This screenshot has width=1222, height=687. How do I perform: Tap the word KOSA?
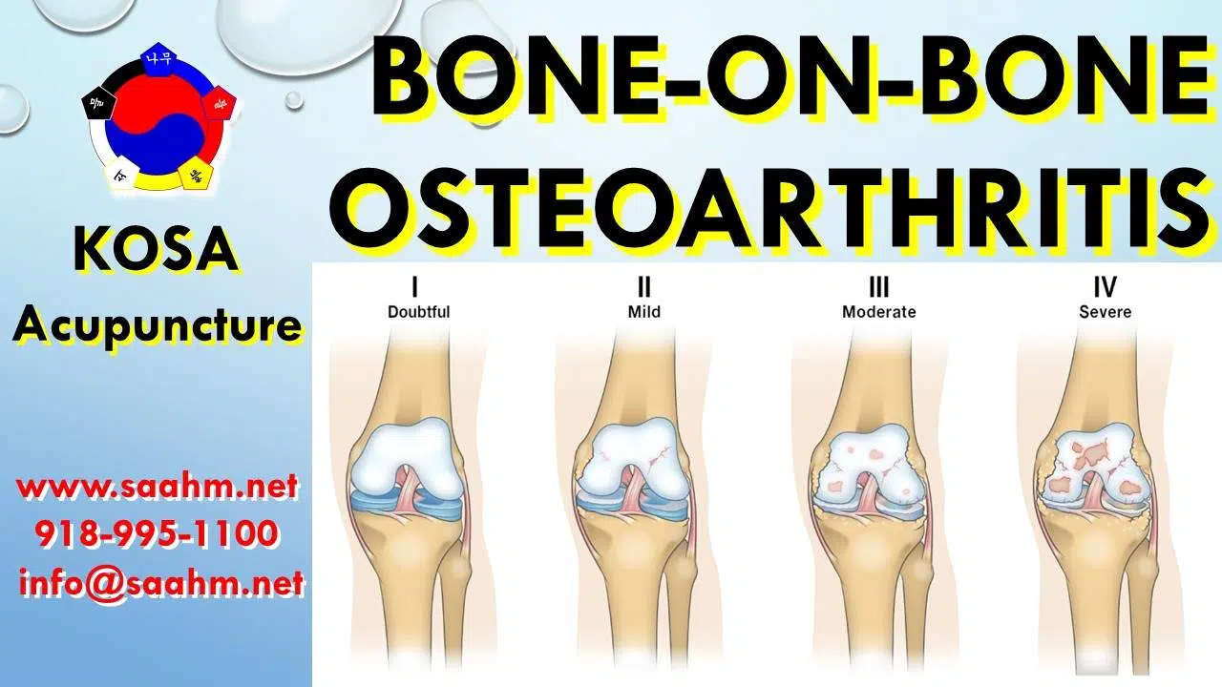(x=157, y=251)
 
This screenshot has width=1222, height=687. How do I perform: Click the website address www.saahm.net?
(x=158, y=489)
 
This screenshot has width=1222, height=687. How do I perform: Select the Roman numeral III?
(x=878, y=285)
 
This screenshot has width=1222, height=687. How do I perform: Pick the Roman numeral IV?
(x=1106, y=285)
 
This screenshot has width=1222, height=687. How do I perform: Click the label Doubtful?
(x=418, y=311)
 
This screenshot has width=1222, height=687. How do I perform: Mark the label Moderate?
(x=878, y=311)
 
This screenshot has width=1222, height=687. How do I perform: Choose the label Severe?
(x=1106, y=311)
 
